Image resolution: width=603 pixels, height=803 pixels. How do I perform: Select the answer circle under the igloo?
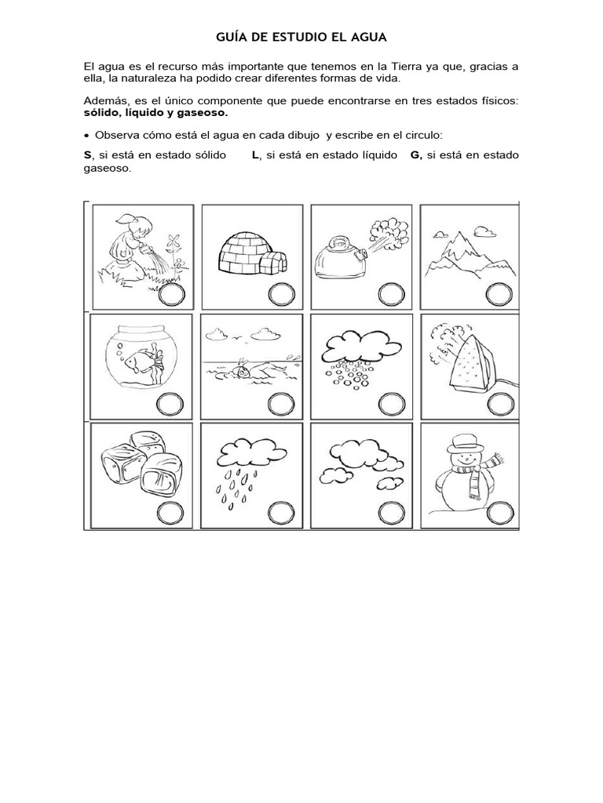click(x=280, y=295)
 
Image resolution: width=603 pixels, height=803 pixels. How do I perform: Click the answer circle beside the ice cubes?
click(x=170, y=513)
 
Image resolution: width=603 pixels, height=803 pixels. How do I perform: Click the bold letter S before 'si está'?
click(x=87, y=155)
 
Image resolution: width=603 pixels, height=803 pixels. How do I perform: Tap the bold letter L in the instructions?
click(x=255, y=155)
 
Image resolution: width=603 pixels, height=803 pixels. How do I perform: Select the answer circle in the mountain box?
click(x=497, y=295)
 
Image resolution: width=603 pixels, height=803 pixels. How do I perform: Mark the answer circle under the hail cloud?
click(x=389, y=405)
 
